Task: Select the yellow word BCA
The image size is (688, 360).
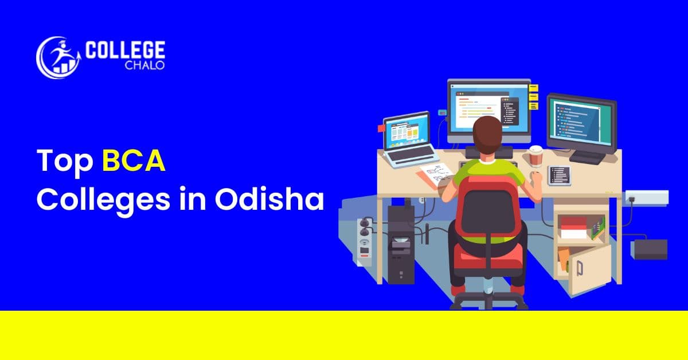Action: (134, 162)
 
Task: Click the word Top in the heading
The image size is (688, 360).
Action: (64, 162)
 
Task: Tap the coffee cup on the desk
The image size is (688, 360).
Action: (535, 156)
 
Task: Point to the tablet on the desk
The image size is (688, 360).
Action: (558, 175)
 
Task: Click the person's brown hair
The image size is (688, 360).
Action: (490, 134)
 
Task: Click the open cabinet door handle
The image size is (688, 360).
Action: (580, 268)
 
